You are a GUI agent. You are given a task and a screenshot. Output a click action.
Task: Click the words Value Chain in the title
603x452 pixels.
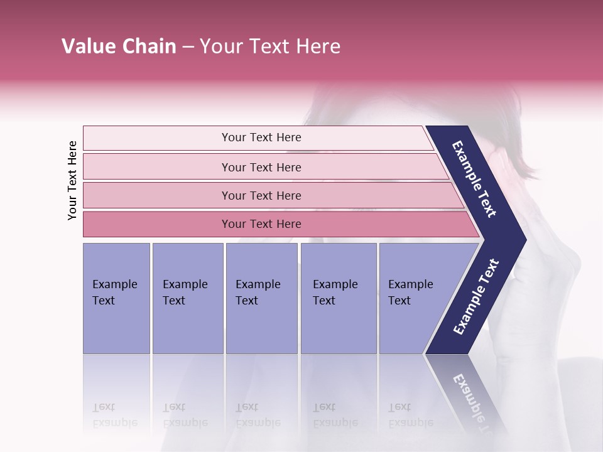tap(119, 46)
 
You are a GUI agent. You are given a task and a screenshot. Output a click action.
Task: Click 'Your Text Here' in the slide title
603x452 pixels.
tap(270, 46)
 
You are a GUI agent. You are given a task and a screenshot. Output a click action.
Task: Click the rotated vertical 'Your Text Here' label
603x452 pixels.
tap(72, 180)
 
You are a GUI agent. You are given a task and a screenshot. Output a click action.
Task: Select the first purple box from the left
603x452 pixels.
tap(116, 298)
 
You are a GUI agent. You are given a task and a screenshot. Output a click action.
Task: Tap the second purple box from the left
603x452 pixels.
tap(187, 298)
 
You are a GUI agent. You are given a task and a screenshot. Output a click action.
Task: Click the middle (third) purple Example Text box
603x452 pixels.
tap(261, 298)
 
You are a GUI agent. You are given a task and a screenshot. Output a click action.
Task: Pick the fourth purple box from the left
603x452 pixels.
tap(339, 298)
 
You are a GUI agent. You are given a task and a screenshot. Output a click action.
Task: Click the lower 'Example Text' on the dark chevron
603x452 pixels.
tap(475, 297)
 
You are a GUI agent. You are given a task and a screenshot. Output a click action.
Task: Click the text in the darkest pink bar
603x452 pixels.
tap(261, 224)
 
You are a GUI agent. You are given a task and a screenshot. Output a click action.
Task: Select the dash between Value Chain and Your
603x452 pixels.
tap(187, 47)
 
